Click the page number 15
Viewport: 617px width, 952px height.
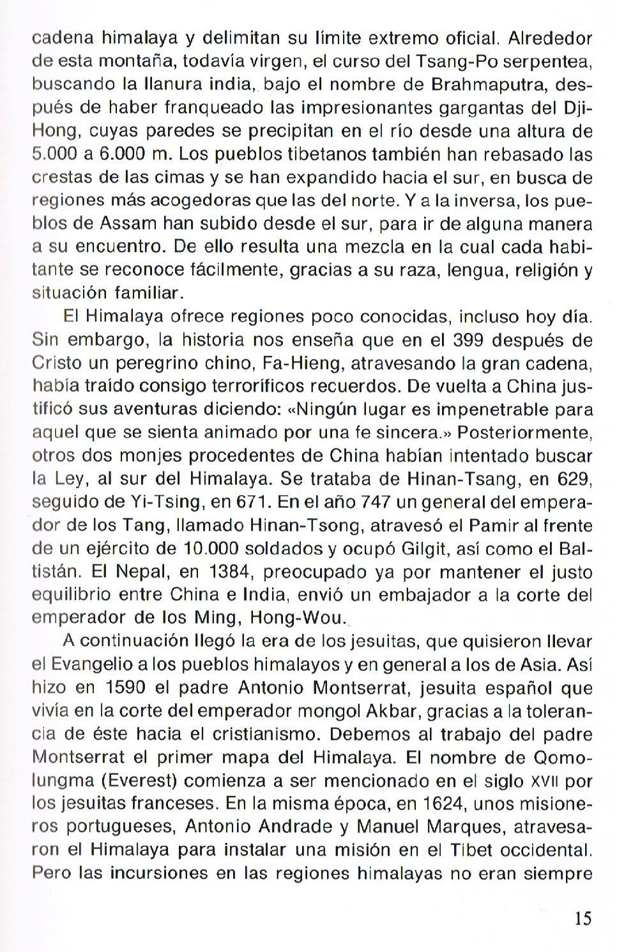pyautogui.click(x=583, y=918)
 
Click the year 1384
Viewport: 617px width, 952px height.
pyautogui.click(x=229, y=571)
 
